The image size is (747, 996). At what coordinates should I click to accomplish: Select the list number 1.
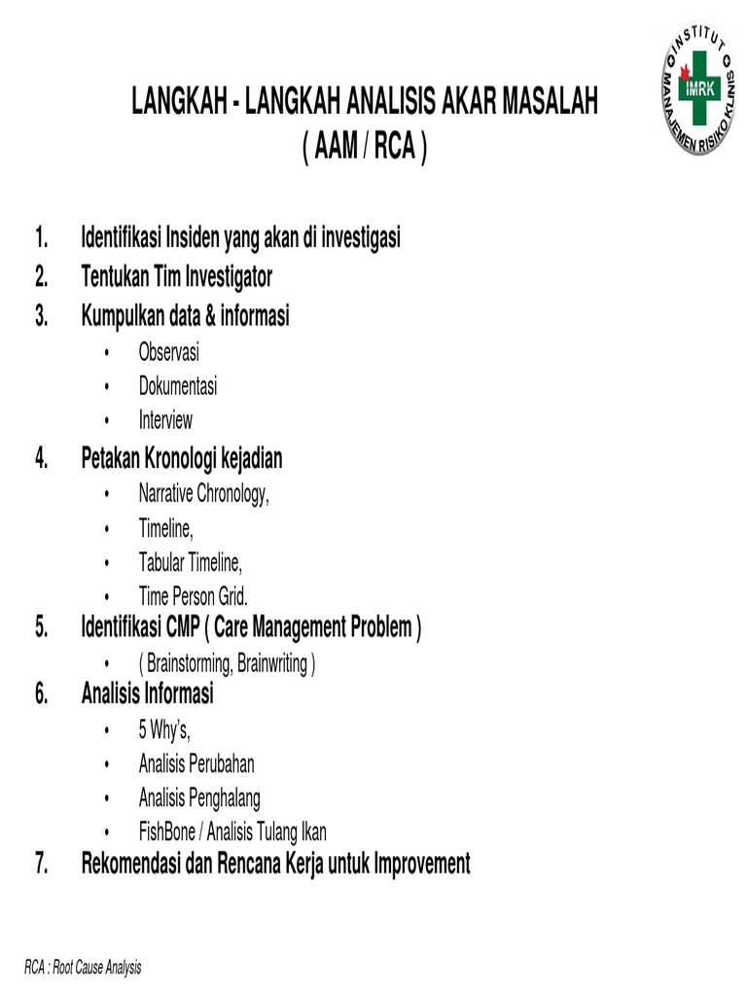tap(41, 238)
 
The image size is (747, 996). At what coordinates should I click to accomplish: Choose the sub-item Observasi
tap(169, 353)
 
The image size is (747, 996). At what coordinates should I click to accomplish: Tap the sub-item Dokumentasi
tap(178, 386)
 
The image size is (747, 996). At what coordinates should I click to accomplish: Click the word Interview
tap(165, 420)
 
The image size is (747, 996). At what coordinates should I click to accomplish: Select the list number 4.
tap(41, 458)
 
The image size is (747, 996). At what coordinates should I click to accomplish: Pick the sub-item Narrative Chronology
tap(203, 494)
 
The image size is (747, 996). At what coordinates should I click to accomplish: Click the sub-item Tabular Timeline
tap(191, 562)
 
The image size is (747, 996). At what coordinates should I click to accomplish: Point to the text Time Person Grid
tap(193, 596)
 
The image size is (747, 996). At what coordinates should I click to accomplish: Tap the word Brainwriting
tap(267, 664)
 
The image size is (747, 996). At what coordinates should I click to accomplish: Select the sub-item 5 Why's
tap(164, 730)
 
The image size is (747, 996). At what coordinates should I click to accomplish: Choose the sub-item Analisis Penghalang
tap(199, 799)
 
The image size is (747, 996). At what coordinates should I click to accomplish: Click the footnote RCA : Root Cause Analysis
tap(84, 967)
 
